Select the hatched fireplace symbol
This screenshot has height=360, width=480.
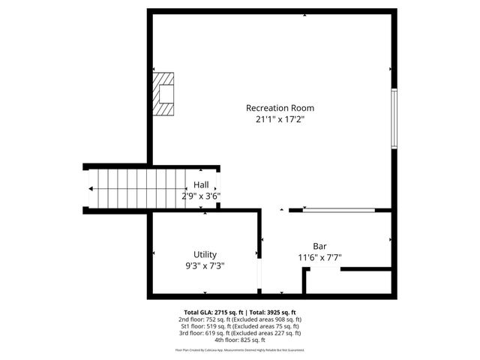tap(164, 94)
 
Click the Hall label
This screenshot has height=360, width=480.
tap(201, 184)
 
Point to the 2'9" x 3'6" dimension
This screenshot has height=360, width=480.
tap(200, 196)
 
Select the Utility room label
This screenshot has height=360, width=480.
tap(205, 254)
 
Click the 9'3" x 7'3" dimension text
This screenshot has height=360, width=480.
tap(205, 265)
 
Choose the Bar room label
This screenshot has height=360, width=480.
tap(320, 246)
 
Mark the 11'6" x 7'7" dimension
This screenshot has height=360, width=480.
tap(320, 257)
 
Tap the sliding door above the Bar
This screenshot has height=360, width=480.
tap(338, 210)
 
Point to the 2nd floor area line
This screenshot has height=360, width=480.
tap(240, 319)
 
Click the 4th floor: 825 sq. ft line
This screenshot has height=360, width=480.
tap(240, 340)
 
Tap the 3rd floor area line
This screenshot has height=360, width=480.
tap(240, 333)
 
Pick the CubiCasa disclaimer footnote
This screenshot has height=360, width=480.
tap(240, 349)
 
